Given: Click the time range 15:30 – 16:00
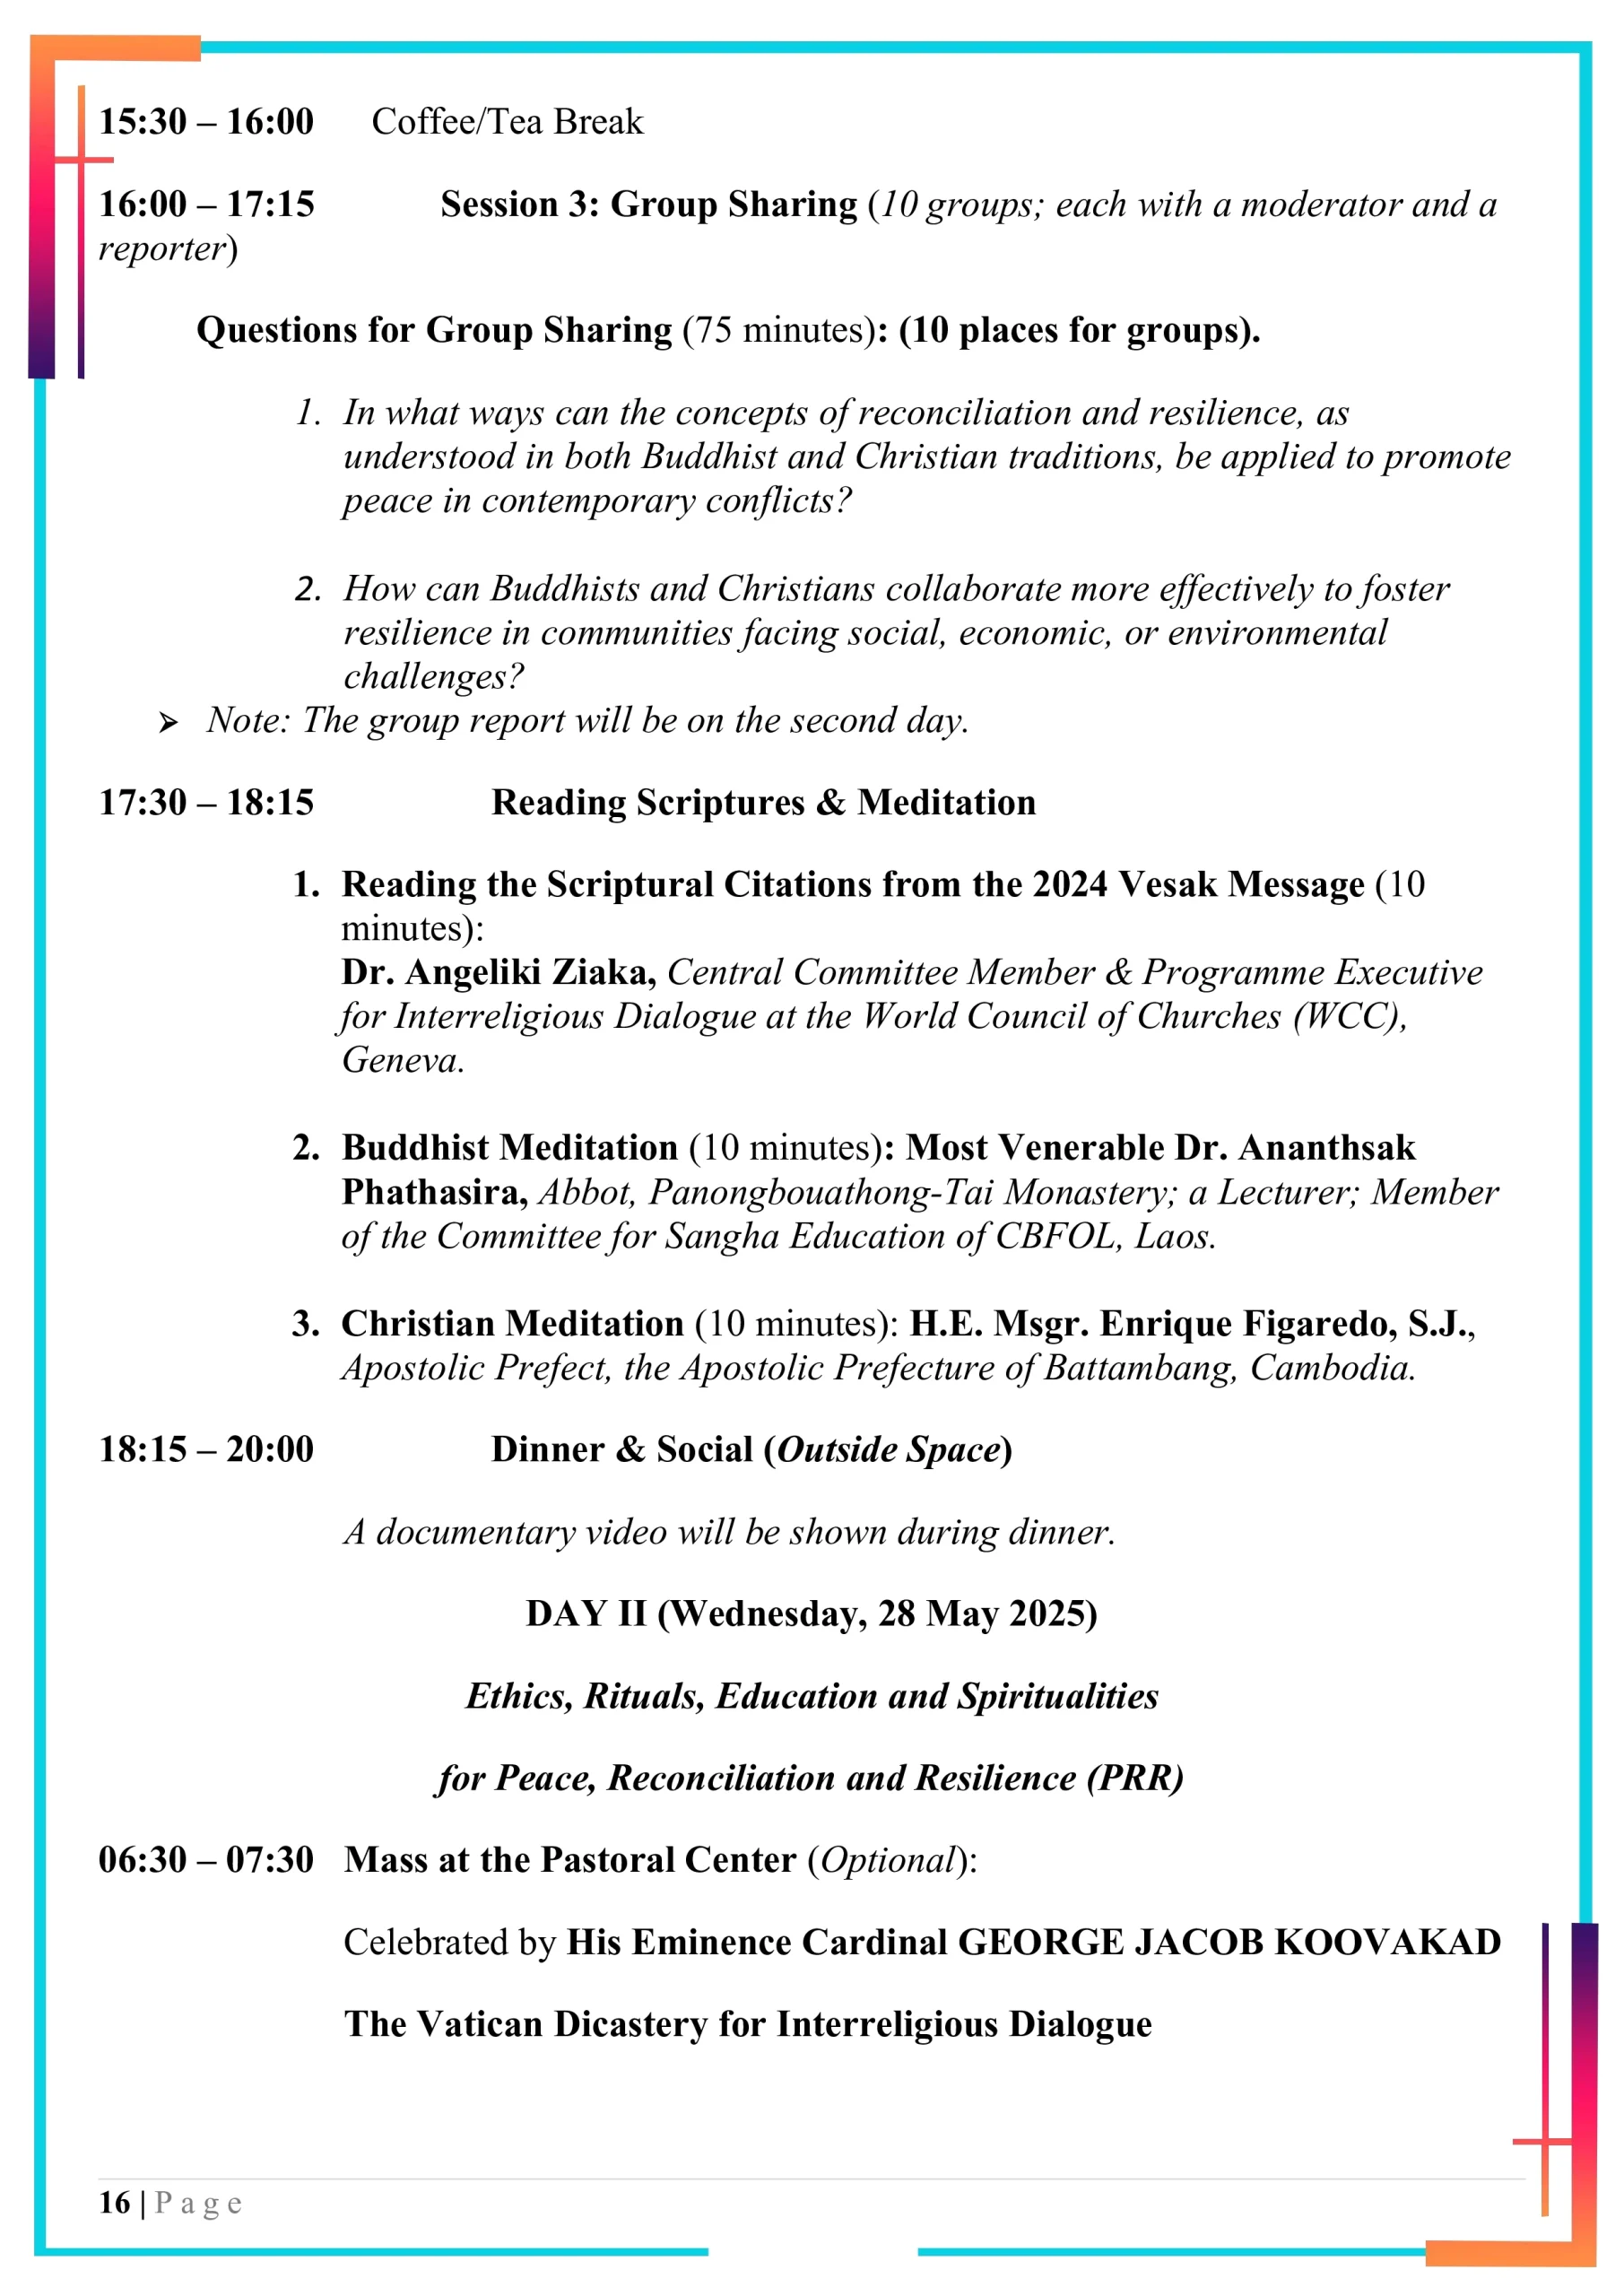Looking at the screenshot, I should point(206,122).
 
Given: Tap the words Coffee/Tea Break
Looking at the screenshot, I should point(507,122).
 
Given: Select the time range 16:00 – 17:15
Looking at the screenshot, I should point(206,205).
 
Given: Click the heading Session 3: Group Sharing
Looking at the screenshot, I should point(649,205).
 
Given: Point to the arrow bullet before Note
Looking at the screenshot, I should point(168,723).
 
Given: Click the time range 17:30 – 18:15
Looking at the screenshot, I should point(206,803).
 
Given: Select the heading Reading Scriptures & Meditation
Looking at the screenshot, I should point(763,803).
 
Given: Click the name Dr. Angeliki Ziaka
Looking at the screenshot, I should point(498,972).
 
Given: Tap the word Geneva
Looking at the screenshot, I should point(402,1060).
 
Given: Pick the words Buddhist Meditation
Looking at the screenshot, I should point(510,1148).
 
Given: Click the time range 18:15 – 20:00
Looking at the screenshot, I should point(206,1450).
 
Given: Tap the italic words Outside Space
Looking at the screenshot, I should point(889,1450).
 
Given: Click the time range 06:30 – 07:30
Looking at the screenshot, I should point(206,1860).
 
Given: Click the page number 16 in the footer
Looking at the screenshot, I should point(114,2203).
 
